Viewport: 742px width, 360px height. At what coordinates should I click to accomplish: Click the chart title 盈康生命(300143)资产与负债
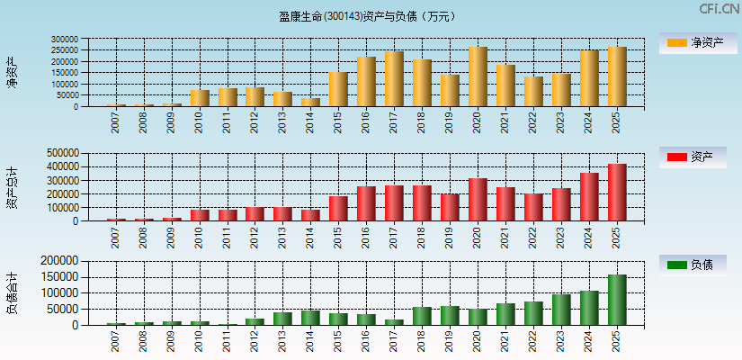tap(367, 16)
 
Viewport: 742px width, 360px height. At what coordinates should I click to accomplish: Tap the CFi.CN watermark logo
tap(719, 9)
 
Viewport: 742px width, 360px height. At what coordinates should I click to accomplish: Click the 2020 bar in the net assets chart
tap(478, 77)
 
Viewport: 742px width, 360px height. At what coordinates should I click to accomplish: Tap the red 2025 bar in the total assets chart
tap(617, 193)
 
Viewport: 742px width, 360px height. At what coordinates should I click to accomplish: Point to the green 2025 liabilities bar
tap(617, 300)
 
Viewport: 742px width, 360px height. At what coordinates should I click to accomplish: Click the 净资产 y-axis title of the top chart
tap(12, 72)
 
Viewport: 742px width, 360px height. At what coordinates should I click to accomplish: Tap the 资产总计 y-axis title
tap(12, 186)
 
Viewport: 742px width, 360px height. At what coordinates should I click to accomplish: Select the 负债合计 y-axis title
tap(12, 292)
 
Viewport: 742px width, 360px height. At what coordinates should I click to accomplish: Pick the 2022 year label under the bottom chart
tap(533, 342)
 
